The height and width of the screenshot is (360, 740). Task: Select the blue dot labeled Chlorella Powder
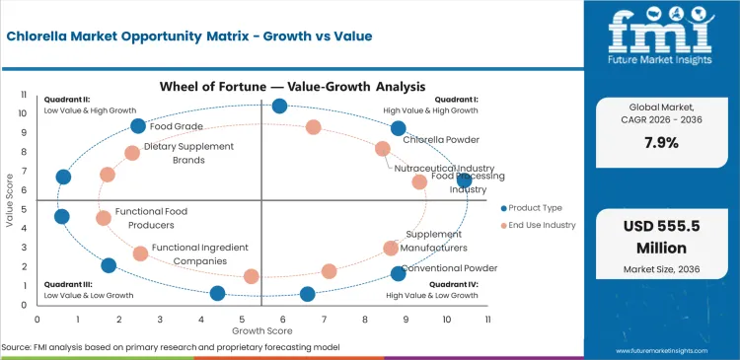pos(399,128)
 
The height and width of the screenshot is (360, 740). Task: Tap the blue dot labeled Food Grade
pos(138,125)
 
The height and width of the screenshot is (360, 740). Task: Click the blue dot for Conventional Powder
pos(399,273)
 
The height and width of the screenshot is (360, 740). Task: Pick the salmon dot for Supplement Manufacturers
pos(391,249)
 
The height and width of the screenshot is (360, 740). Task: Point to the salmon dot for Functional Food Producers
pos(104,218)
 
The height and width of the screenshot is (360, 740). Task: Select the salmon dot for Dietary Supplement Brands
pos(132,153)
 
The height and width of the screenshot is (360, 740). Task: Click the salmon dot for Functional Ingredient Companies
pos(140,253)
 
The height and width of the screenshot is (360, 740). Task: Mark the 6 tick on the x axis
pos(282,319)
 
